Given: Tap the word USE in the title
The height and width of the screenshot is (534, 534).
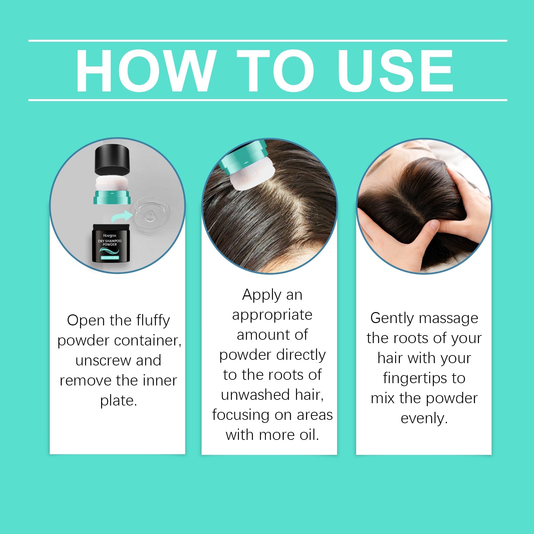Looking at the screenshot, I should coord(395,71).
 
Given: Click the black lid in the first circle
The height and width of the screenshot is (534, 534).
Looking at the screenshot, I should coord(112,160).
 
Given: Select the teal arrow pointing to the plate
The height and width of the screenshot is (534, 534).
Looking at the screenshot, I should coord(122,217).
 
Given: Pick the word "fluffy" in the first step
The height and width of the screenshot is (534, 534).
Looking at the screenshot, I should coord(153,320).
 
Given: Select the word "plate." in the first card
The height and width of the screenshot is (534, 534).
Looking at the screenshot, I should coord(118,400).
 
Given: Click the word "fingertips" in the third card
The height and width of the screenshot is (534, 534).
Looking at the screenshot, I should coord(415,378).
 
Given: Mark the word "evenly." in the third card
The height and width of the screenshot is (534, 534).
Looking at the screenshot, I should coord(424,418).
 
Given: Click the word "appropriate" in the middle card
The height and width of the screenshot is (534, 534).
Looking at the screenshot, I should coord(272,315).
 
